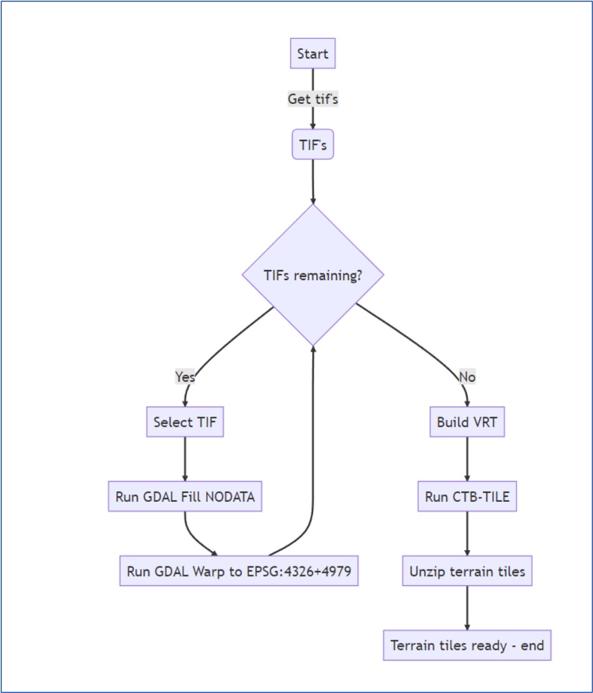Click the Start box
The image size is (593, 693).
pos(312,54)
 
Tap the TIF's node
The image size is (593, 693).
pos(312,145)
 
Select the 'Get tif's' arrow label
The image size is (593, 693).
pos(312,99)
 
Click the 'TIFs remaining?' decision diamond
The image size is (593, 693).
pos(312,275)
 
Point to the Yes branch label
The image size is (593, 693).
pos(185,377)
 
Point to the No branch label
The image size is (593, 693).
pos(467,377)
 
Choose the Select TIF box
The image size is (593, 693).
pos(185,422)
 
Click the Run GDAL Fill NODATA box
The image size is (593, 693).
pos(185,497)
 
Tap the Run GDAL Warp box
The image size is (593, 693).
pos(239,571)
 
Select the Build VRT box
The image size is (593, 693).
pos(467,422)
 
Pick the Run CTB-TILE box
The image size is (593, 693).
pos(467,497)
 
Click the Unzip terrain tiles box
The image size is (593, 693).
pos(467,571)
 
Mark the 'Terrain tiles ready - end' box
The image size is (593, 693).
pos(467,645)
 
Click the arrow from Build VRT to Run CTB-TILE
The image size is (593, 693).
pos(467,460)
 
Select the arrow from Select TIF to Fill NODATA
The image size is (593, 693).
pos(185,460)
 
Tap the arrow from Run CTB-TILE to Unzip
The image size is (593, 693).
pos(467,534)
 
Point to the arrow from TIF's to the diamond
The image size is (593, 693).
pos(312,182)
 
